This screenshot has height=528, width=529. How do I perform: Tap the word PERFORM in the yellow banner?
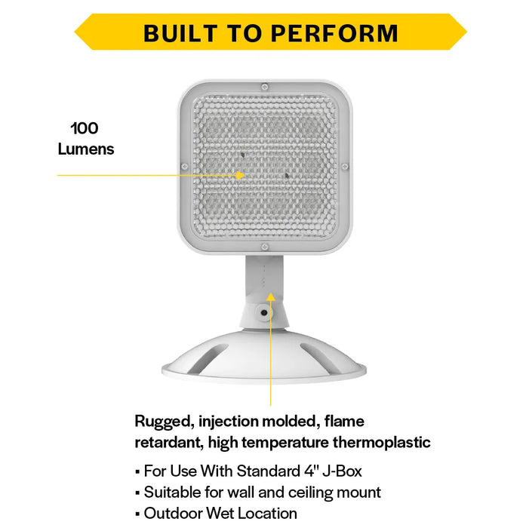coord(334,33)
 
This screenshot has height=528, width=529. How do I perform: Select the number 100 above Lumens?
coord(85,128)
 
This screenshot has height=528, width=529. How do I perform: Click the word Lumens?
coord(86,149)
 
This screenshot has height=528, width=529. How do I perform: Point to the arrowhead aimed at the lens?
coord(240,175)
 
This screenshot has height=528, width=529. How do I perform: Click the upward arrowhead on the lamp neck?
coord(271,296)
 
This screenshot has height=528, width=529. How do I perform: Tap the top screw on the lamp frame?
coord(265,87)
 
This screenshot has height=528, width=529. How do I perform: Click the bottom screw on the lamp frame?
coord(265,247)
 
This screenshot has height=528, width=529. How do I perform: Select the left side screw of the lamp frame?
coord(185,167)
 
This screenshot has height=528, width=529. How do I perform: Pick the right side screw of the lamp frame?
coord(345,167)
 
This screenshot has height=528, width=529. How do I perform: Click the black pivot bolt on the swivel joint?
coord(264,312)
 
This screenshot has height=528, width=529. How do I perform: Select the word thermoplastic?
coord(382,443)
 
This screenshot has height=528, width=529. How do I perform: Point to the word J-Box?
coord(342,471)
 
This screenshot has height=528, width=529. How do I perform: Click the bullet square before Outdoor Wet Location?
coord(137,514)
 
